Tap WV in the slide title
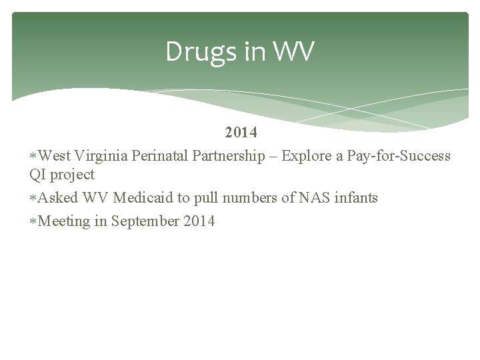pos(293,52)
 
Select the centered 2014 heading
pos(241,133)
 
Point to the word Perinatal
pos(162,156)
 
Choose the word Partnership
pos(229,156)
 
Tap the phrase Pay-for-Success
pos(399,156)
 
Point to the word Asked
pos(59,198)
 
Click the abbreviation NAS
pos(315,198)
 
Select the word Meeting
pos(64,221)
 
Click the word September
pos(144,221)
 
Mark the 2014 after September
pos(199,221)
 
